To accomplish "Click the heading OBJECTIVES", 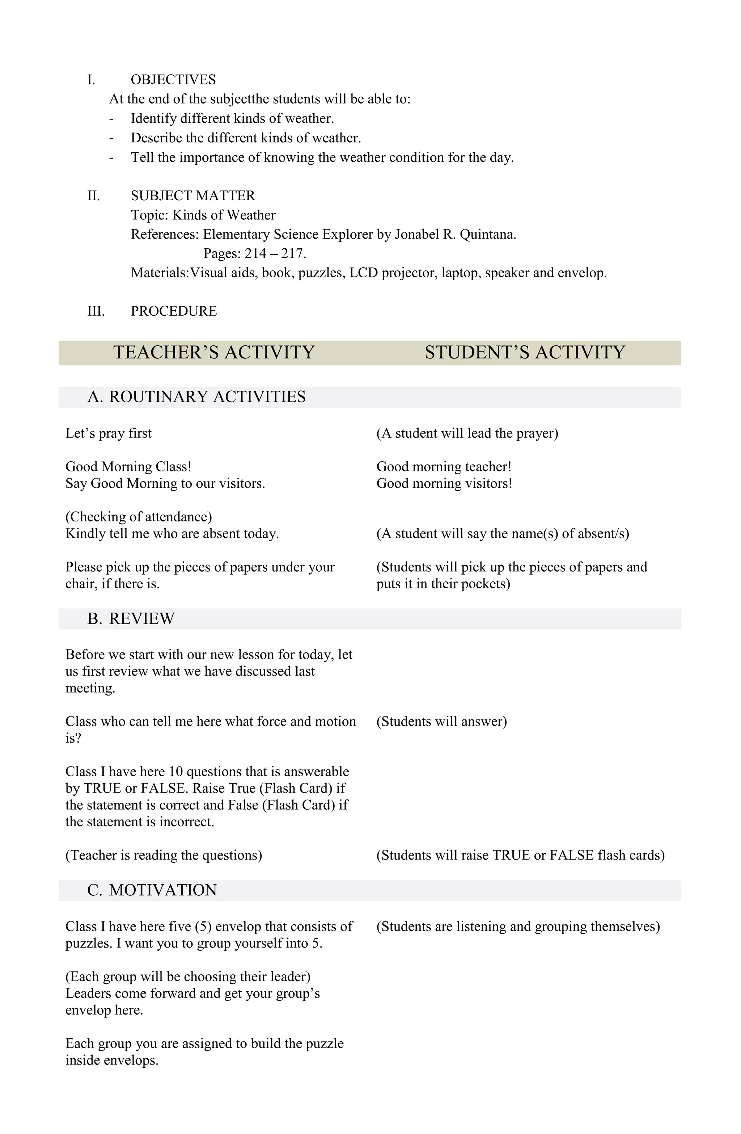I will click(173, 80).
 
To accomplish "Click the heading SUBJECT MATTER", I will click(193, 196).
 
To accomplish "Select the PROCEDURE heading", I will click(173, 311).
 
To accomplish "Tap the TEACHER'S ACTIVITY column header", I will click(214, 353).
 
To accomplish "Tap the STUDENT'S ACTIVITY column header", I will click(525, 353).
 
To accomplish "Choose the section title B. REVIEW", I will click(131, 618).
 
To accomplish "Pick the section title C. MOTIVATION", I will click(152, 890).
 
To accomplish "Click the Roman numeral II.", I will click(94, 196).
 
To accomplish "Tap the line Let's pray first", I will click(109, 433).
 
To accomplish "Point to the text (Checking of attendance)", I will click(139, 517).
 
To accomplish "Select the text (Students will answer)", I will click(441, 721).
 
